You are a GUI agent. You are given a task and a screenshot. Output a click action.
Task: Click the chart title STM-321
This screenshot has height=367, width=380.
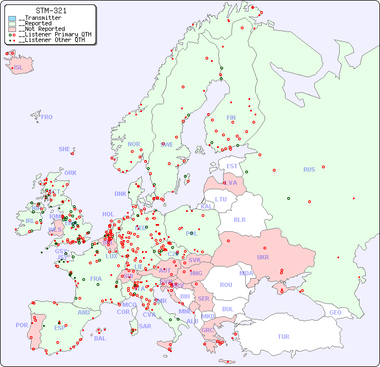pyautogui.click(x=51, y=10)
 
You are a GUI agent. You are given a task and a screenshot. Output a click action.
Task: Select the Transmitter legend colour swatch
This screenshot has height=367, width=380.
pyautogui.click(x=12, y=18)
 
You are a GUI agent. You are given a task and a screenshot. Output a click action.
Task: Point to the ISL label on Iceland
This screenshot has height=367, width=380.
pyautogui.click(x=18, y=68)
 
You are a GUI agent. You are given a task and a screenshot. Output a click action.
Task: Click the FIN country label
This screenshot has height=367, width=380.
pyautogui.click(x=231, y=118)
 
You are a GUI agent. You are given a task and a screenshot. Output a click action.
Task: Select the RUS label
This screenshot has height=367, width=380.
pyautogui.click(x=309, y=169)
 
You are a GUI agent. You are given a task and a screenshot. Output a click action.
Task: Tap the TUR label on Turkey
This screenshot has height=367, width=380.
pyautogui.click(x=283, y=337)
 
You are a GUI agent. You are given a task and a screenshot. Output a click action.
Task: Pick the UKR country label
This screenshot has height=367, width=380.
pyautogui.click(x=263, y=257)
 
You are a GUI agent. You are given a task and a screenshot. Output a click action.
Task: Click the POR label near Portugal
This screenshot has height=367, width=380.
pyautogui.click(x=22, y=325)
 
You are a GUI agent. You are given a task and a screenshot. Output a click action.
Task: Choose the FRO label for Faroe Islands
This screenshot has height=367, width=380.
pyautogui.click(x=46, y=117)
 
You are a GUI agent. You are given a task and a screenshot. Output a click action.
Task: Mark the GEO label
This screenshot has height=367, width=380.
pyautogui.click(x=335, y=312)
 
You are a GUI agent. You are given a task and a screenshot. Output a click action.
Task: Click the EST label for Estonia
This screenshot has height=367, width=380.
pyautogui.click(x=232, y=166)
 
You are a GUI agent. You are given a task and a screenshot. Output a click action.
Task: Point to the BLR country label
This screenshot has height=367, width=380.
pyautogui.click(x=239, y=219)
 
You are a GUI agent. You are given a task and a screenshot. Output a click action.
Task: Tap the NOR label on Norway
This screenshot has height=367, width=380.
pyautogui.click(x=134, y=144)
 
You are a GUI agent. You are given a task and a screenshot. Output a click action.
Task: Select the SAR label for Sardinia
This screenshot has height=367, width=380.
pyautogui.click(x=145, y=326)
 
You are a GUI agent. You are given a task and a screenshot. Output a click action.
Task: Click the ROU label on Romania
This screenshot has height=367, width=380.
pyautogui.click(x=226, y=285)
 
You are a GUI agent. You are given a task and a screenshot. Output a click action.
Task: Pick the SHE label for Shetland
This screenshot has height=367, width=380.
pyautogui.click(x=64, y=149)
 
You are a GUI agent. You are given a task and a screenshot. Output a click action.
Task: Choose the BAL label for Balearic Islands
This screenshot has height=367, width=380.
pyautogui.click(x=99, y=338)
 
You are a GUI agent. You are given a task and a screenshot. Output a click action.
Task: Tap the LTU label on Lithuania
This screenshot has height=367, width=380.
pyautogui.click(x=221, y=199)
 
